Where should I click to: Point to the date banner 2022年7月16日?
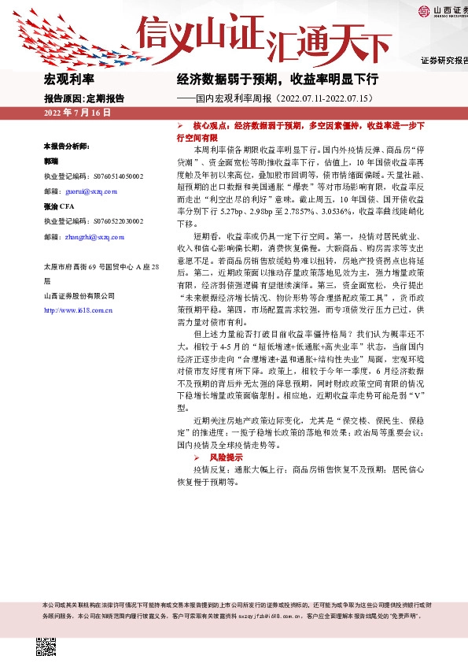(x=77, y=113)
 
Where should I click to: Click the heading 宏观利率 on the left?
(x=68, y=80)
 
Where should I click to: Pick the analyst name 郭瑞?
(x=51, y=161)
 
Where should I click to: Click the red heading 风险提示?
(x=226, y=457)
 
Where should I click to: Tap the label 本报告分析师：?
(x=66, y=146)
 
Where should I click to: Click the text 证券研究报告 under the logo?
(x=444, y=60)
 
